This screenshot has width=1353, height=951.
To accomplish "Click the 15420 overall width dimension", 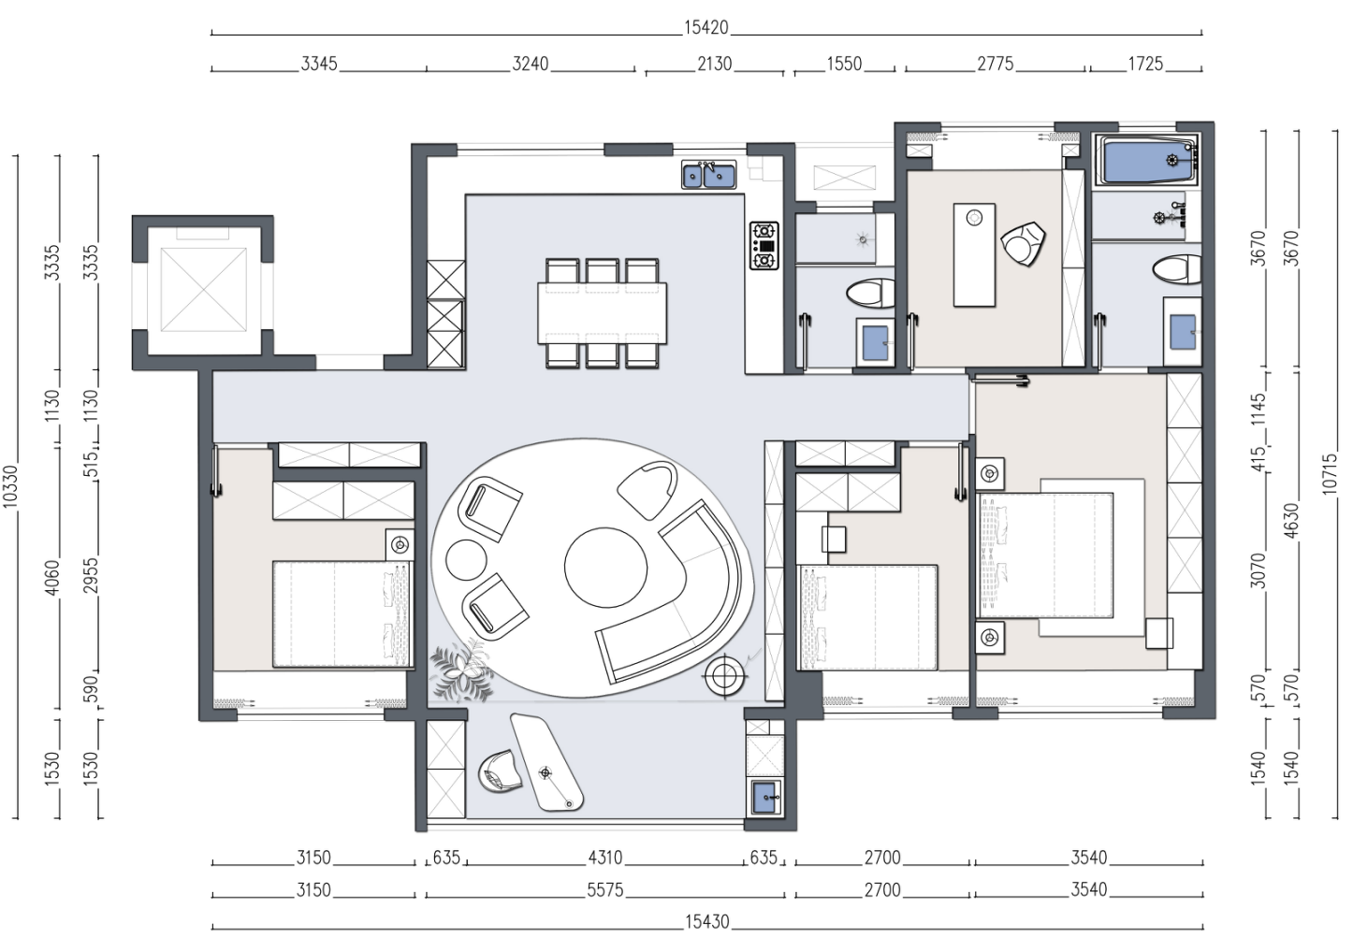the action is coord(706,28).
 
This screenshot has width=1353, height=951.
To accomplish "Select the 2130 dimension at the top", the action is coord(715,64).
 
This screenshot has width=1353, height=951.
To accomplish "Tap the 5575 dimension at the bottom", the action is coord(604,890).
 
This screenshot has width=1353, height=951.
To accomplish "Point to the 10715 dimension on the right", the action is coord(1330,474).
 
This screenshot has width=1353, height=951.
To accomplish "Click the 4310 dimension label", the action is coord(605,857).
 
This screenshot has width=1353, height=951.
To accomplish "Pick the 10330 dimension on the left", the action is coord(10,486).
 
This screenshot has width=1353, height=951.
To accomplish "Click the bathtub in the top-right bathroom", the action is coord(1148,160).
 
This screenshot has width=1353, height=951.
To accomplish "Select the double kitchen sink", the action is coord(709,175).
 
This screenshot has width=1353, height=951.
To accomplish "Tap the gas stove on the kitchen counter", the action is coord(764,246).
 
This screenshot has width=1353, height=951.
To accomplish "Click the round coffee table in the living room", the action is coord(605,568).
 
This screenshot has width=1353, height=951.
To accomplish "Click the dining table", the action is coord(603,312).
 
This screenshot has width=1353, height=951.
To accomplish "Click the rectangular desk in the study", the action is coord(974,254).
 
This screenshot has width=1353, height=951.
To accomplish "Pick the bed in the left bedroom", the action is coord(342,614).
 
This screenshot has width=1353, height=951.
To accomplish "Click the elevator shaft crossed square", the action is coord(204,290).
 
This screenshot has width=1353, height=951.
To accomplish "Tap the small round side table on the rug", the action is coord(466,560).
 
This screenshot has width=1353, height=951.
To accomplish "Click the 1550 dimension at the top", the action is coord(844,64).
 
